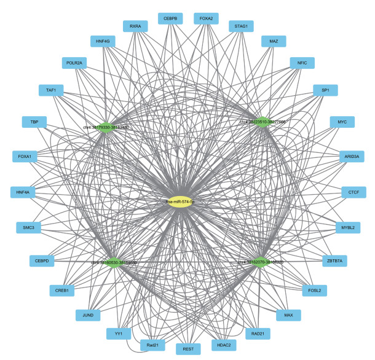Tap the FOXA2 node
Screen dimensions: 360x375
[206, 19]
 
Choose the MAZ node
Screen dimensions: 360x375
[274, 42]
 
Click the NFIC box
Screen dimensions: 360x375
[302, 63]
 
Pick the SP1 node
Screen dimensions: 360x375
[325, 90]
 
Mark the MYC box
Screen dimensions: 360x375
[342, 122]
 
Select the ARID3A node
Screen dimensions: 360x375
[352, 157]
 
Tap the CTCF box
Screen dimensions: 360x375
[353, 192]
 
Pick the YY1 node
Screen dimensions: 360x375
[119, 335]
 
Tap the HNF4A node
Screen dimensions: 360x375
[23, 192]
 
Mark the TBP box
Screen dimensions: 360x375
[34, 122]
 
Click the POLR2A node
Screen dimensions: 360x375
[77, 63]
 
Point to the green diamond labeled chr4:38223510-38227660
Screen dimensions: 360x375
[262, 122]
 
